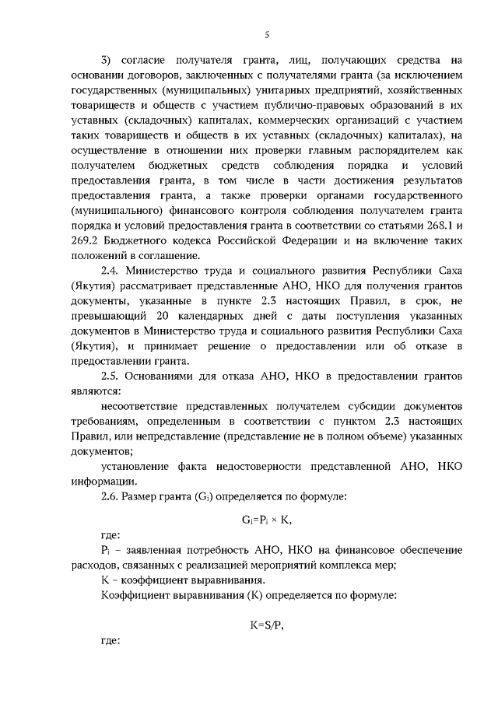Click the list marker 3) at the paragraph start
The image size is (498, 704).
pos(107,61)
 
